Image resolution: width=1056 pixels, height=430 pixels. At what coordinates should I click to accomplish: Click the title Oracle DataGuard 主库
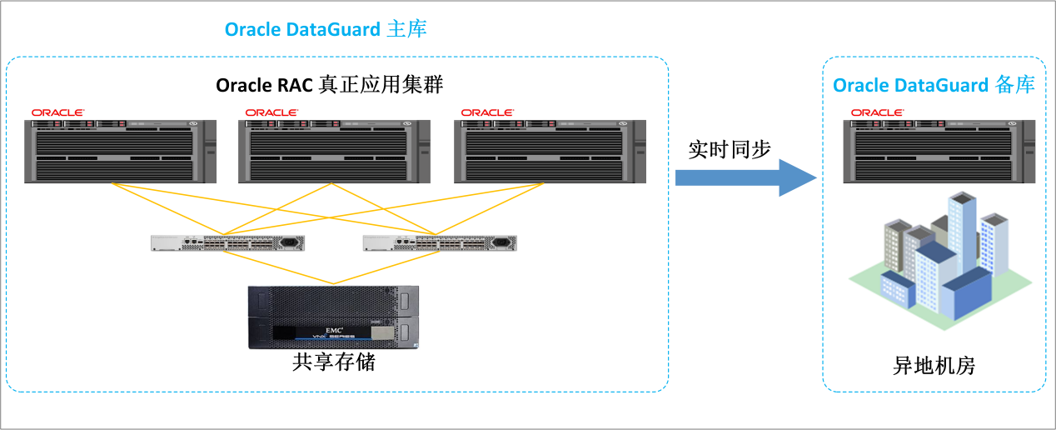[326, 30]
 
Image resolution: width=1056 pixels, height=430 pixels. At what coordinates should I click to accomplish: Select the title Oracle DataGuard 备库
[934, 85]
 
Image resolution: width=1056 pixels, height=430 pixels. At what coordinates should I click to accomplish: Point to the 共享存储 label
[334, 362]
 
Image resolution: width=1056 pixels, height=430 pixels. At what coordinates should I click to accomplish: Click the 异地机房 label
[934, 366]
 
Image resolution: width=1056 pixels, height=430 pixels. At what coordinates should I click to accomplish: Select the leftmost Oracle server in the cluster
[120, 151]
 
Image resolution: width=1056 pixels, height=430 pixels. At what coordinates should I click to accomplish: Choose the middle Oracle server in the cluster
[334, 151]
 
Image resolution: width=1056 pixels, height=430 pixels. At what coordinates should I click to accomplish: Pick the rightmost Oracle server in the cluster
[550, 151]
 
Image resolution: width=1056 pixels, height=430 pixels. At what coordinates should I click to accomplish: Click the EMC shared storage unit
[334, 317]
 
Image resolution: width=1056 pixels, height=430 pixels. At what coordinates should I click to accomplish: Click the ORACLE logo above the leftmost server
[57, 112]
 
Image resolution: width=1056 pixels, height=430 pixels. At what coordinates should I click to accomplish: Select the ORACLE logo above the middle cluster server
[271, 112]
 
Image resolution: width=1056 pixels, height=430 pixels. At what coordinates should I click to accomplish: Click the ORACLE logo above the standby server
[877, 112]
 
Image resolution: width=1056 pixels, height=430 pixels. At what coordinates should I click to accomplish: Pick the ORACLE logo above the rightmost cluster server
[487, 112]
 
